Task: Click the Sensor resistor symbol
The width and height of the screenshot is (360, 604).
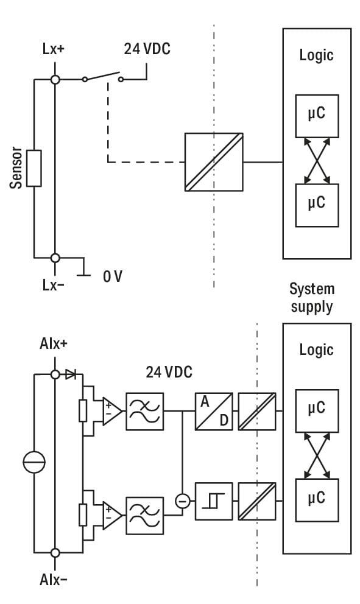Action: [34, 168]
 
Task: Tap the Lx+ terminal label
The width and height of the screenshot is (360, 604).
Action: [53, 49]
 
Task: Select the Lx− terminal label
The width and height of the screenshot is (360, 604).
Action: [53, 285]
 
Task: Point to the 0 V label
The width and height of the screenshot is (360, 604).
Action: [113, 276]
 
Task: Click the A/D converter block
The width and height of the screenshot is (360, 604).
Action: [214, 412]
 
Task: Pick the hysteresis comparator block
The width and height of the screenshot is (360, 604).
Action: [214, 501]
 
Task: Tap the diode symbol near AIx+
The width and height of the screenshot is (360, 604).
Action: [71, 374]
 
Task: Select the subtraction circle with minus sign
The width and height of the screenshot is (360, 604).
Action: [183, 501]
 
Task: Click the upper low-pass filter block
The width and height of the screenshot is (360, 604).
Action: [145, 412]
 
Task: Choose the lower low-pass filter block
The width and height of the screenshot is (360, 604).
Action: [145, 515]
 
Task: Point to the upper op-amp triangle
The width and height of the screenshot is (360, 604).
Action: [112, 412]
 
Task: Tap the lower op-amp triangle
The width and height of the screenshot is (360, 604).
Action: [112, 515]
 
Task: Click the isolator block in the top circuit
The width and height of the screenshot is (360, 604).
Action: [214, 162]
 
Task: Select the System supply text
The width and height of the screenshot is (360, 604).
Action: [312, 298]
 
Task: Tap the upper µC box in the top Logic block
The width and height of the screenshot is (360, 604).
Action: [317, 116]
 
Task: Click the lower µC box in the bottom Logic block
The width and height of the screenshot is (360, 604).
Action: [317, 500]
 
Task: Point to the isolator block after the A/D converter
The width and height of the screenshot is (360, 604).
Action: [257, 412]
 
